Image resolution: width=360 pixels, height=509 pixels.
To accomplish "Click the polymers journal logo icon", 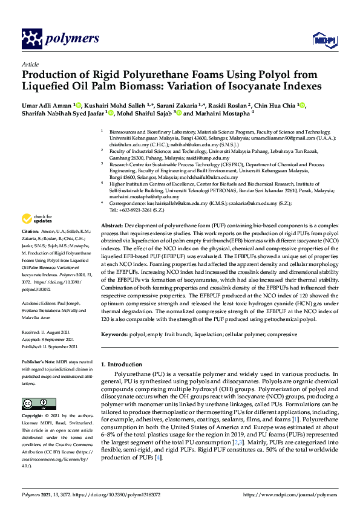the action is coord(31,39).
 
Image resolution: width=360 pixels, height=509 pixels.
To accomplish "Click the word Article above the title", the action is coord(30,63).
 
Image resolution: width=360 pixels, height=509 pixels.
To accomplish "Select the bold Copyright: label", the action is coord(32,417).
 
